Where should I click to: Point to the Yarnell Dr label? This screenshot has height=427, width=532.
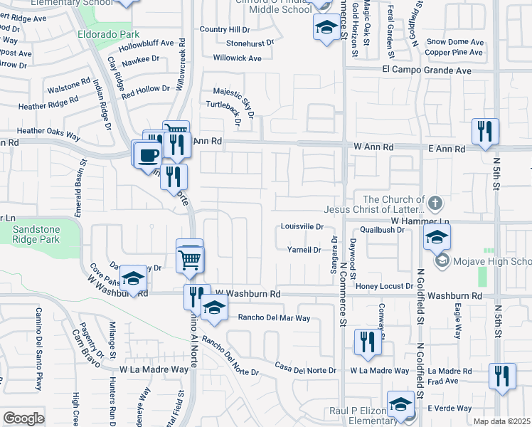click(x=304, y=250)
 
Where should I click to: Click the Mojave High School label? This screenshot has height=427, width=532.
click(x=491, y=261)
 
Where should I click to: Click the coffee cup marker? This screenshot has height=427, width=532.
click(x=148, y=154)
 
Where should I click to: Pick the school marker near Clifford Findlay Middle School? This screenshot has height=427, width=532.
click(x=326, y=28)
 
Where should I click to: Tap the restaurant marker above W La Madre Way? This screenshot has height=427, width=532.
click(x=368, y=342)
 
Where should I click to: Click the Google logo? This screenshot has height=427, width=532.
click(x=23, y=418)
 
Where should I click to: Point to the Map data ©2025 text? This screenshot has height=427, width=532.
click(x=502, y=421)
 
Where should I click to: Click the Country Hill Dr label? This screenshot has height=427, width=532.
click(x=225, y=29)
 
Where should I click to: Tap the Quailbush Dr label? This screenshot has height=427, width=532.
click(x=387, y=230)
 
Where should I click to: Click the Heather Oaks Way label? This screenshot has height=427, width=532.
click(x=49, y=131)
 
